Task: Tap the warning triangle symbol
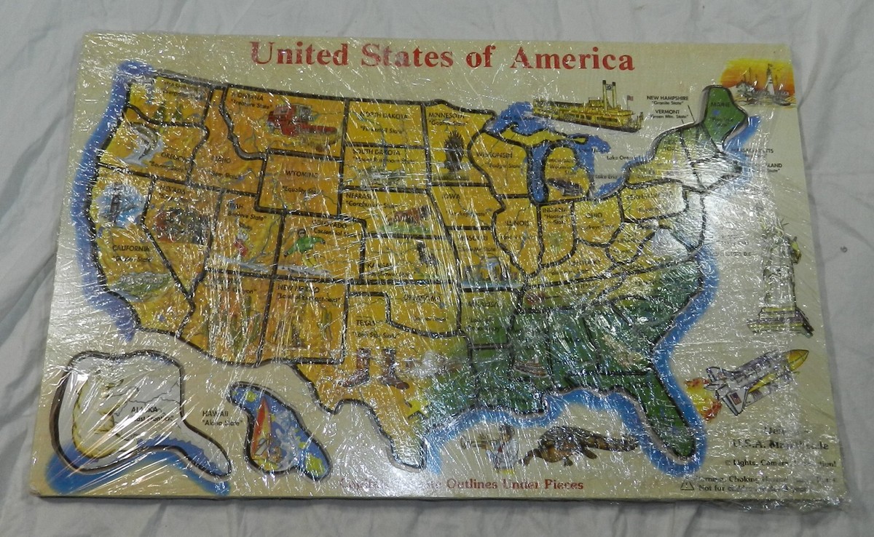click(686, 486)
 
